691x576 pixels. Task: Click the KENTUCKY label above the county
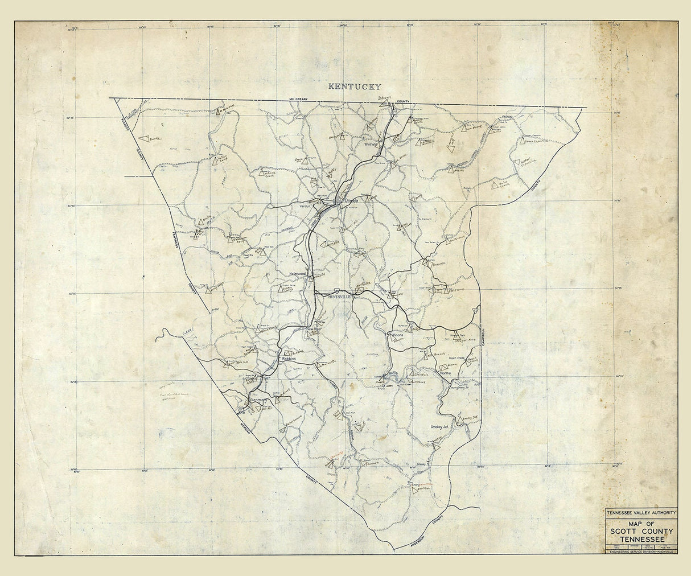(x=353, y=87)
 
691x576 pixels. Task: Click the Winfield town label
(x=372, y=144)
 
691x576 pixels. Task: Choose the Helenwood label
(x=298, y=273)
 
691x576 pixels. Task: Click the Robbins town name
(x=290, y=360)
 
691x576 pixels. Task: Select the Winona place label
(x=396, y=335)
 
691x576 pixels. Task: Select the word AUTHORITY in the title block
(x=657, y=512)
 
